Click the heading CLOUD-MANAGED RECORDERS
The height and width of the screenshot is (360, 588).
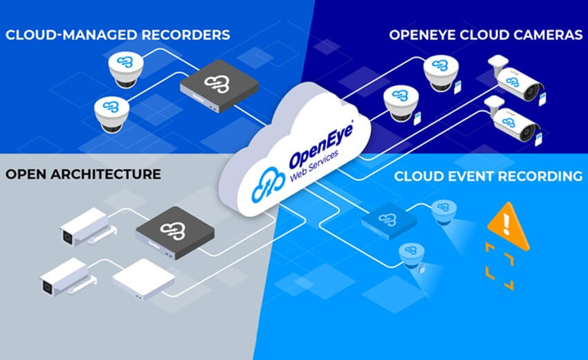117,34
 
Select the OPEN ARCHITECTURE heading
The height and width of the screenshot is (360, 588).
83,172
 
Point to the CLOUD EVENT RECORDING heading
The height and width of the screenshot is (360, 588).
488,177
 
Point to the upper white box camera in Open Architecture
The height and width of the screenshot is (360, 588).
83,226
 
